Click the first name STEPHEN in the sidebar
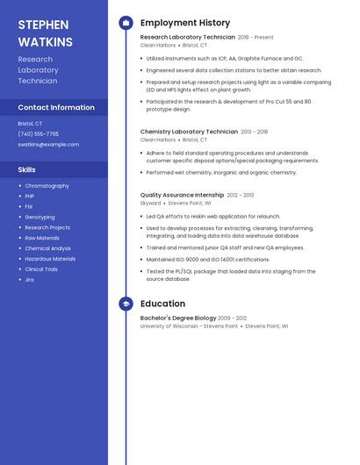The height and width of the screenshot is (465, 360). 41,25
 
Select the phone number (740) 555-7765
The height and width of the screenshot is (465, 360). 39,134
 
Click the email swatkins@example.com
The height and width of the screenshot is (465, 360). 48,145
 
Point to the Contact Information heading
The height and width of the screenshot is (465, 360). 56,108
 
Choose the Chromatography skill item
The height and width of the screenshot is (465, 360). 47,186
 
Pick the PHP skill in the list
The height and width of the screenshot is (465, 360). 30,197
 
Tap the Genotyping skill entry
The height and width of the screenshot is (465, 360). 40,218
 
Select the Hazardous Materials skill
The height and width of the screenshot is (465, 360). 50,259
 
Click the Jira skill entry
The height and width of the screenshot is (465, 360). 30,280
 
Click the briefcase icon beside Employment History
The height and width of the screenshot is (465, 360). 126,23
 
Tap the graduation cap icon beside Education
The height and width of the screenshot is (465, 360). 126,304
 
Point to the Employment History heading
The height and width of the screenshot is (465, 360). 185,23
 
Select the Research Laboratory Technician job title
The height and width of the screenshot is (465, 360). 188,38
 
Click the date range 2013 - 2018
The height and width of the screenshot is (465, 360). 255,132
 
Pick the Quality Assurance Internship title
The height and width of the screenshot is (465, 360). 182,195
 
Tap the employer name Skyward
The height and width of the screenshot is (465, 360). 151,203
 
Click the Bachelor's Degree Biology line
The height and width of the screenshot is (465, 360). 178,318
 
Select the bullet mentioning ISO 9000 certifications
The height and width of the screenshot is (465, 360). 208,260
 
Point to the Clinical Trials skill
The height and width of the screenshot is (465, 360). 41,269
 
